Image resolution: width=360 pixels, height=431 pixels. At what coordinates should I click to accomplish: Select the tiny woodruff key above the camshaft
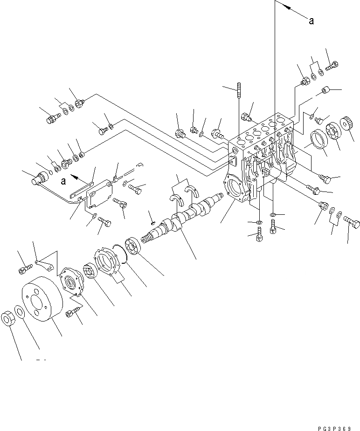tap(151, 224)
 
